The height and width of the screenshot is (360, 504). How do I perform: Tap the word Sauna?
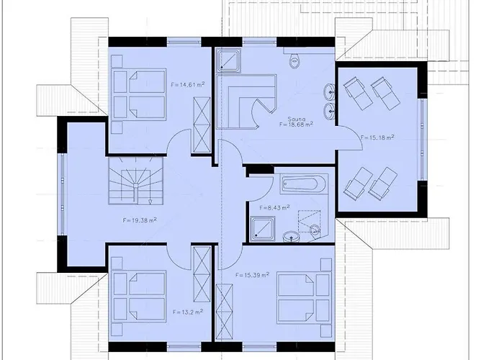point(296,118)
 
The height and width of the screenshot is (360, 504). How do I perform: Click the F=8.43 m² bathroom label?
point(274,207)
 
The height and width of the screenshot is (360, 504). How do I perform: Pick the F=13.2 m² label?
point(187,312)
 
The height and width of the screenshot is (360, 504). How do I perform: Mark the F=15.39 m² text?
point(252,275)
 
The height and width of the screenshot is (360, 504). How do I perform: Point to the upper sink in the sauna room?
point(330,91)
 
